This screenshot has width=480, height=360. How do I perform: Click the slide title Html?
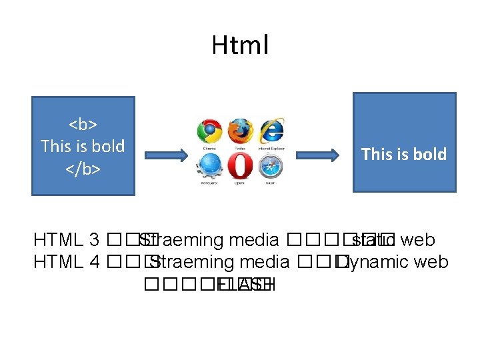coord(240,46)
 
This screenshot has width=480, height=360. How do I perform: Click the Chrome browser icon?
coord(209,131)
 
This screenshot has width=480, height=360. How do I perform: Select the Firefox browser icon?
coord(240,131)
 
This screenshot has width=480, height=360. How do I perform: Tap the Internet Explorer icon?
coord(271,130)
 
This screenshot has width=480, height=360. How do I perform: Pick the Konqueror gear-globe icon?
coord(209,165)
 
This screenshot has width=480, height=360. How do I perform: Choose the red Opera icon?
coord(240,165)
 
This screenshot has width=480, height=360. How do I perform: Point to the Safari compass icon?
coord(271,165)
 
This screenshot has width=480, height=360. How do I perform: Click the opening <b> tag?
coord(83,124)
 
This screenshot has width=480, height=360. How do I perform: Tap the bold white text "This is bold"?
coord(403,154)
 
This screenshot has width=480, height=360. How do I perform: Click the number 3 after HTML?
coord(94,240)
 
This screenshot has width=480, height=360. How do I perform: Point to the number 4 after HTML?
coord(94,262)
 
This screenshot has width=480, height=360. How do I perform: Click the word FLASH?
coord(245,285)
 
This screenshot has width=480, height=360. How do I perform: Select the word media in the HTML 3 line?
coord(253,240)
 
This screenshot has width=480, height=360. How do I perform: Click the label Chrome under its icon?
coord(209,148)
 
